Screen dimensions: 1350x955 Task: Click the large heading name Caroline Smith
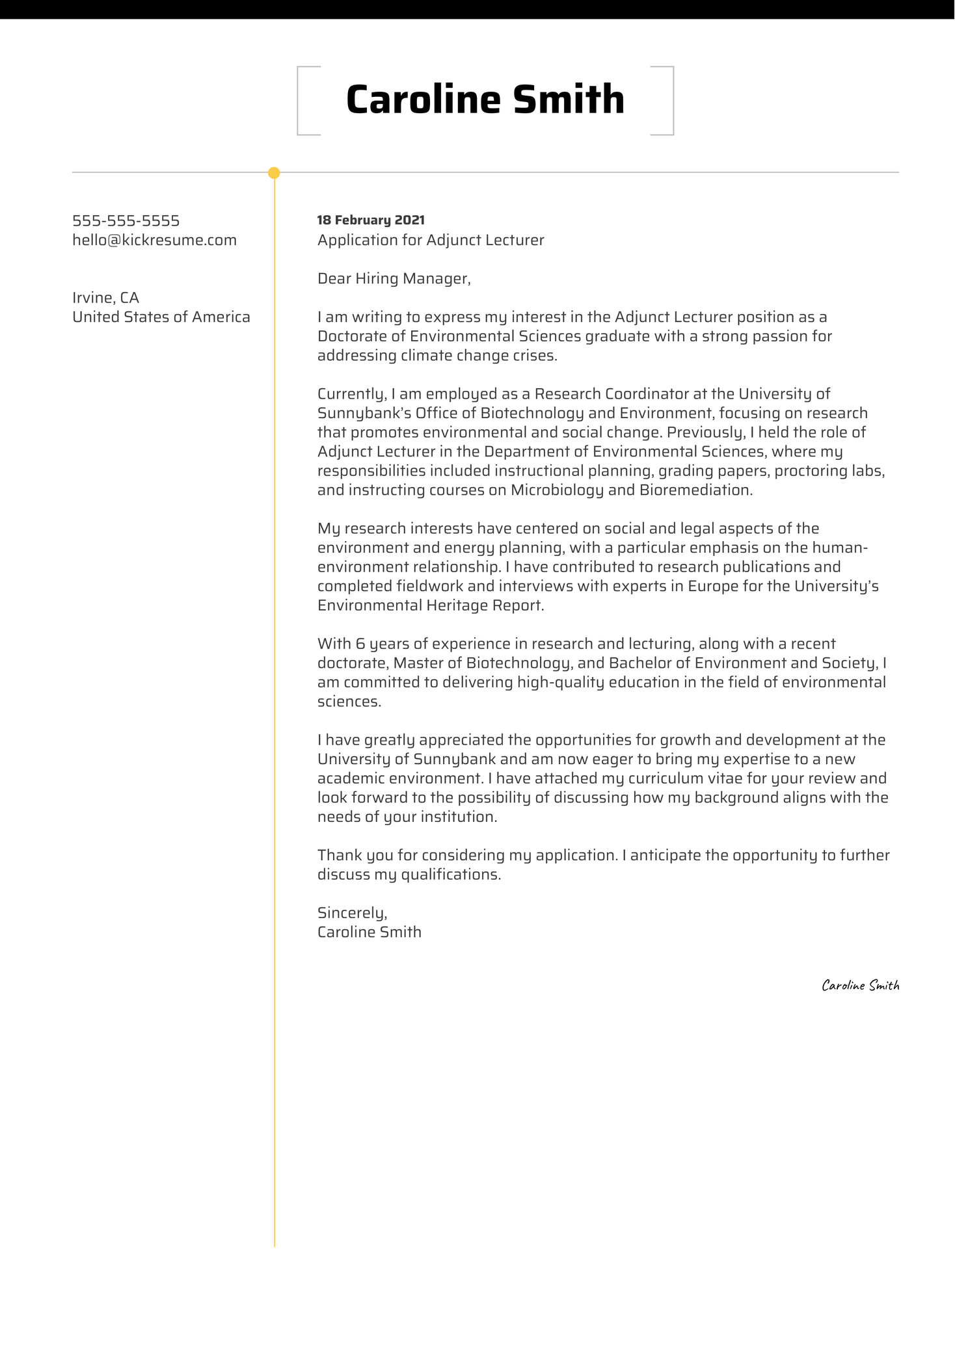(485, 100)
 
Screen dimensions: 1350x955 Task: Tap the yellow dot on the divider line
(274, 173)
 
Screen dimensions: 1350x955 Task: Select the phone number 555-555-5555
(126, 221)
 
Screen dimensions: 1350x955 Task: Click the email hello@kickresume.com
(154, 241)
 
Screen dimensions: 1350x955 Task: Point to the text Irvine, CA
(105, 298)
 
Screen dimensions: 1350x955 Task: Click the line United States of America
(161, 317)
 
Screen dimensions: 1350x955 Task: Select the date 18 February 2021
(370, 220)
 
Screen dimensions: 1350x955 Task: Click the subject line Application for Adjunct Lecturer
(430, 241)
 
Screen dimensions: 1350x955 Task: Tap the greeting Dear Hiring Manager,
(393, 279)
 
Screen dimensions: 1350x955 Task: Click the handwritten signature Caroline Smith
(860, 986)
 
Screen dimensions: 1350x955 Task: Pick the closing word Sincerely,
(352, 913)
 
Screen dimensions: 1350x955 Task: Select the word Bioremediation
(695, 490)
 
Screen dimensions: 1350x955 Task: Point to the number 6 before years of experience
(360, 644)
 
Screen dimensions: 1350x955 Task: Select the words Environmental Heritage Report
(429, 605)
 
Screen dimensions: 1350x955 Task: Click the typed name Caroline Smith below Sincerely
(369, 933)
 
